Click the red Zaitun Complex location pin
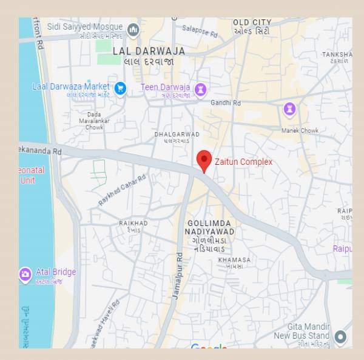pyautogui.click(x=204, y=160)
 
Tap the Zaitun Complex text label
pyautogui.click(x=243, y=162)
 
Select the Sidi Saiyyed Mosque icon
pyautogui.click(x=133, y=28)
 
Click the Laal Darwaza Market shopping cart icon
pyautogui.click(x=120, y=88)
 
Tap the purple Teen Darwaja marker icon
pyautogui.click(x=200, y=90)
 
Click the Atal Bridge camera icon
pyautogui.click(x=25, y=275)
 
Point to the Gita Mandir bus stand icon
pyautogui.click(x=341, y=336)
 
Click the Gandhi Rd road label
pyautogui.click(x=225, y=102)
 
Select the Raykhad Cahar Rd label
pyautogui.click(x=122, y=190)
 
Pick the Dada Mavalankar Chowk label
pyautogui.click(x=94, y=121)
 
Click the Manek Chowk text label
pyautogui.click(x=300, y=130)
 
